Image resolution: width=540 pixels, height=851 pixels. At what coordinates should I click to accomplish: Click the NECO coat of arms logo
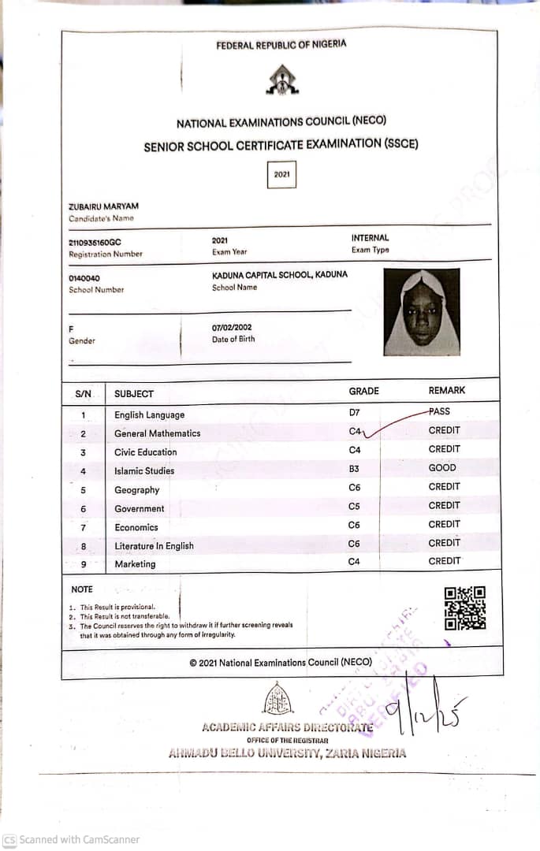point(281,80)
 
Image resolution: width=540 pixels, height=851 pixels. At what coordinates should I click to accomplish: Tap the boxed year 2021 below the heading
point(281,175)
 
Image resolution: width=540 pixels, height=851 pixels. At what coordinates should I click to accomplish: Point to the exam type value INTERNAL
point(370,238)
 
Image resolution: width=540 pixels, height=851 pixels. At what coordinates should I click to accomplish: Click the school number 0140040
point(84,278)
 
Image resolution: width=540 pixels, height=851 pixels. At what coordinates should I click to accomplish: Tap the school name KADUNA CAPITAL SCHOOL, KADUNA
point(279,275)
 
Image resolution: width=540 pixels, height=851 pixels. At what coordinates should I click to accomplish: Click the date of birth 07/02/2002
point(232,327)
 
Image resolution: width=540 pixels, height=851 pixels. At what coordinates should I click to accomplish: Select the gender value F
point(71,329)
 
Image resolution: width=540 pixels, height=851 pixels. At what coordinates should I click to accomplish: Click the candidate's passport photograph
point(421,312)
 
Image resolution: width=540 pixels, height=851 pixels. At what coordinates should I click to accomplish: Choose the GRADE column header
point(363,391)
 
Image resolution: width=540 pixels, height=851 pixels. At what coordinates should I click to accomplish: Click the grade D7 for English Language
point(354,412)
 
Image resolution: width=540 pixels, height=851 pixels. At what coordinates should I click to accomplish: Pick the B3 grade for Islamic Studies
point(354,468)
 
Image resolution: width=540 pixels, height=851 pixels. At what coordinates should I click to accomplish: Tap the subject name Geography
point(136,490)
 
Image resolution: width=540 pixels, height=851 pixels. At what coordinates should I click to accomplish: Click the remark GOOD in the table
point(441,468)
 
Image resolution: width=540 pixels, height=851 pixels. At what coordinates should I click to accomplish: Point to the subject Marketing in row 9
point(135,564)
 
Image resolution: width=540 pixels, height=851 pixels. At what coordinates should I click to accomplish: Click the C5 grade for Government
point(354,506)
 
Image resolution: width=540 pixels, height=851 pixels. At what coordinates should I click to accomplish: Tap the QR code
point(464,608)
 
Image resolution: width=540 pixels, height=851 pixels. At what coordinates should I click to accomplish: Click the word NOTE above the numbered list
point(82,589)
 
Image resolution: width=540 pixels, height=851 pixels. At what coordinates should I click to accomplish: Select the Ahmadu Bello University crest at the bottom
point(277,698)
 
